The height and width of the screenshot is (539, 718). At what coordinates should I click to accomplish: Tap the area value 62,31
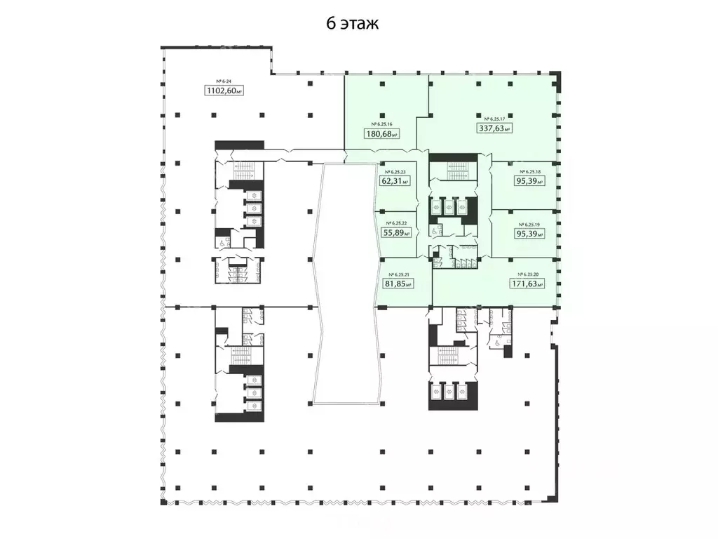click(393, 180)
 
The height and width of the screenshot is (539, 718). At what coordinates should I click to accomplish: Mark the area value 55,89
click(393, 234)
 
